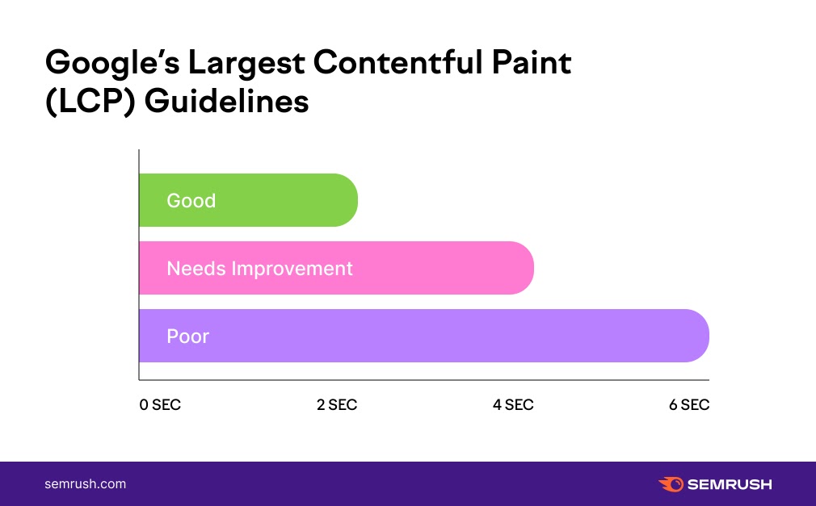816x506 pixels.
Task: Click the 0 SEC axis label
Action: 160,405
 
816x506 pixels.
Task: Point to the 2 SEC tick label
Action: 337,405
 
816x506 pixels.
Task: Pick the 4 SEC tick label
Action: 513,405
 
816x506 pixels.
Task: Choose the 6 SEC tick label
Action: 689,405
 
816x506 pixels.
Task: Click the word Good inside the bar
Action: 191,200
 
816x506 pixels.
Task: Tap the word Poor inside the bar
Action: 188,336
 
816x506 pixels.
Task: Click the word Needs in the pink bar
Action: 196,268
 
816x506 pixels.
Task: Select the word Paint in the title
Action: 534,64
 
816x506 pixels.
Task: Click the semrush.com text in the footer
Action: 85,484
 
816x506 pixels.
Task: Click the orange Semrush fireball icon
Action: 671,484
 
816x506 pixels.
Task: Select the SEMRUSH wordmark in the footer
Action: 730,484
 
